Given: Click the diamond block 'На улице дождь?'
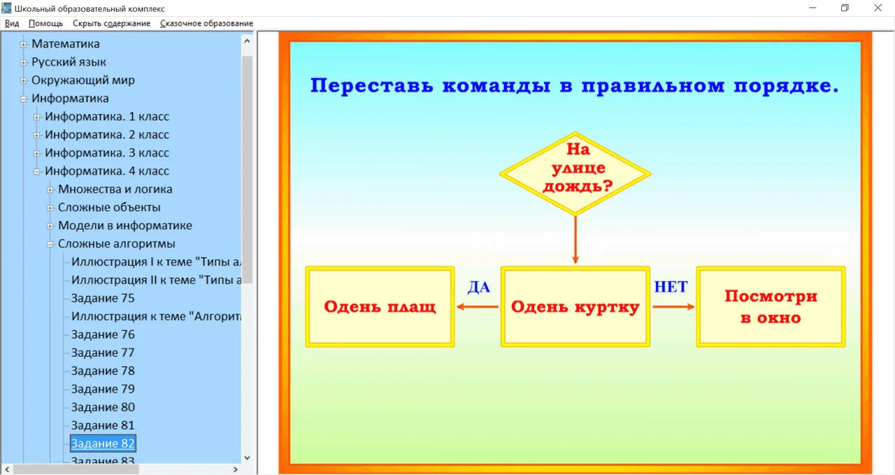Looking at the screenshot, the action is (x=575, y=174).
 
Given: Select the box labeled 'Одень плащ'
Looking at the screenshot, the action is (x=380, y=307).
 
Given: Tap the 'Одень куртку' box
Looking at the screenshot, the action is (x=575, y=307).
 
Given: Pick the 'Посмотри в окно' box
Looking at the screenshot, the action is (x=771, y=307).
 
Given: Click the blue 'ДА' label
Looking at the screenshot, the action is (x=479, y=287).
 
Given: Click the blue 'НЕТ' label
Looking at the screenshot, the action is (x=671, y=286).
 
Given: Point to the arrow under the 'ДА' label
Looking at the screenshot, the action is (x=478, y=307).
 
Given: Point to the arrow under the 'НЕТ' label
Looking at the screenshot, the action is (x=673, y=307).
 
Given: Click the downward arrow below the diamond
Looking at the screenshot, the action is (x=575, y=240).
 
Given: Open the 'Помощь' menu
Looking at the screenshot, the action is (x=45, y=23).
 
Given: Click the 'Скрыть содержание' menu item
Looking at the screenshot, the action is (x=111, y=23).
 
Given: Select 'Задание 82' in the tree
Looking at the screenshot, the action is (x=103, y=444).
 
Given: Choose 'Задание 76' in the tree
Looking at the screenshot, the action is (x=103, y=335).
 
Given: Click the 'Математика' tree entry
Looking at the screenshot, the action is (x=66, y=44).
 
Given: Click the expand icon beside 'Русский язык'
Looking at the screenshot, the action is (x=24, y=62).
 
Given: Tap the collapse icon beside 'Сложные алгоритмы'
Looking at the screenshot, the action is (x=50, y=244).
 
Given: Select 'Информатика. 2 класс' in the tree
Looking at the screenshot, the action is (x=107, y=135).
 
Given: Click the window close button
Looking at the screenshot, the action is (x=878, y=8).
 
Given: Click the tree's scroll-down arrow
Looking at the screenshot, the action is (x=247, y=458).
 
